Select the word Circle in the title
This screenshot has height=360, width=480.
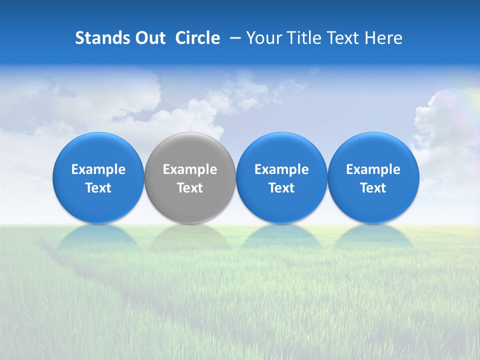point(197,38)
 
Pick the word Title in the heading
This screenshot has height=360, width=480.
point(305,38)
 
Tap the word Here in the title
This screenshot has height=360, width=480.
point(385,38)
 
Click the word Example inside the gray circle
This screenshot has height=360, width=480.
point(190,169)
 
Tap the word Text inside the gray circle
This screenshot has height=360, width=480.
point(190,188)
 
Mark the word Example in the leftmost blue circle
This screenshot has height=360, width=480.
point(98,169)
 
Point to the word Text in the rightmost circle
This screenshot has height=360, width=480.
point(373,188)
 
